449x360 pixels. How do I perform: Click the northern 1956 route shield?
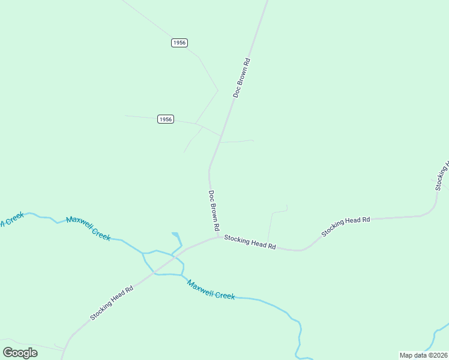pos(179,43)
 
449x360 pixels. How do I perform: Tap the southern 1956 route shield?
pos(166,119)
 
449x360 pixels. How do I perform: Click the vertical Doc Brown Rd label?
pos(213,211)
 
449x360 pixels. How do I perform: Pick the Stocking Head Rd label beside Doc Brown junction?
pos(250,242)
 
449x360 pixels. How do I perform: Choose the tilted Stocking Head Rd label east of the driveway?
pos(345,226)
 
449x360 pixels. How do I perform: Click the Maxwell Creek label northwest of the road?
pos(88,228)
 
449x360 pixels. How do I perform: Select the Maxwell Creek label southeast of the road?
pos(210,289)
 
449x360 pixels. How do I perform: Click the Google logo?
pos(20,352)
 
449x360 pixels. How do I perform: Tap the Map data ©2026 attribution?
pos(424,355)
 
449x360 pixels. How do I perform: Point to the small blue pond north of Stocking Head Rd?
pos(176,235)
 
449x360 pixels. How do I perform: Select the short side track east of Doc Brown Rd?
pos(238,142)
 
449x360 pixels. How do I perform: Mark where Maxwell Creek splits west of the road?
pos(143,254)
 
